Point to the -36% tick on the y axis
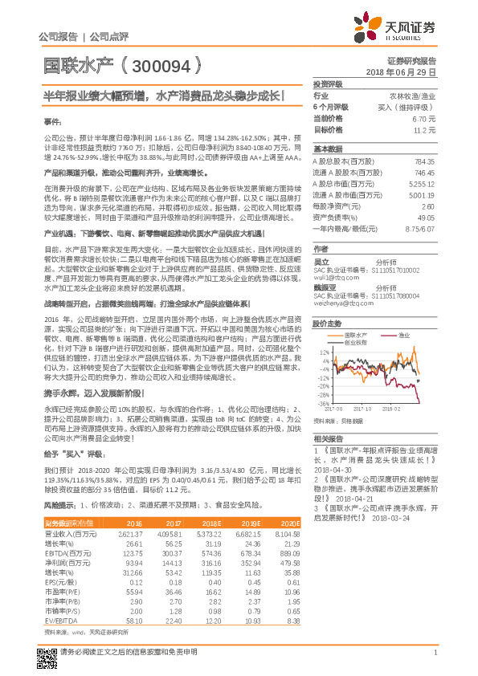324,403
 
